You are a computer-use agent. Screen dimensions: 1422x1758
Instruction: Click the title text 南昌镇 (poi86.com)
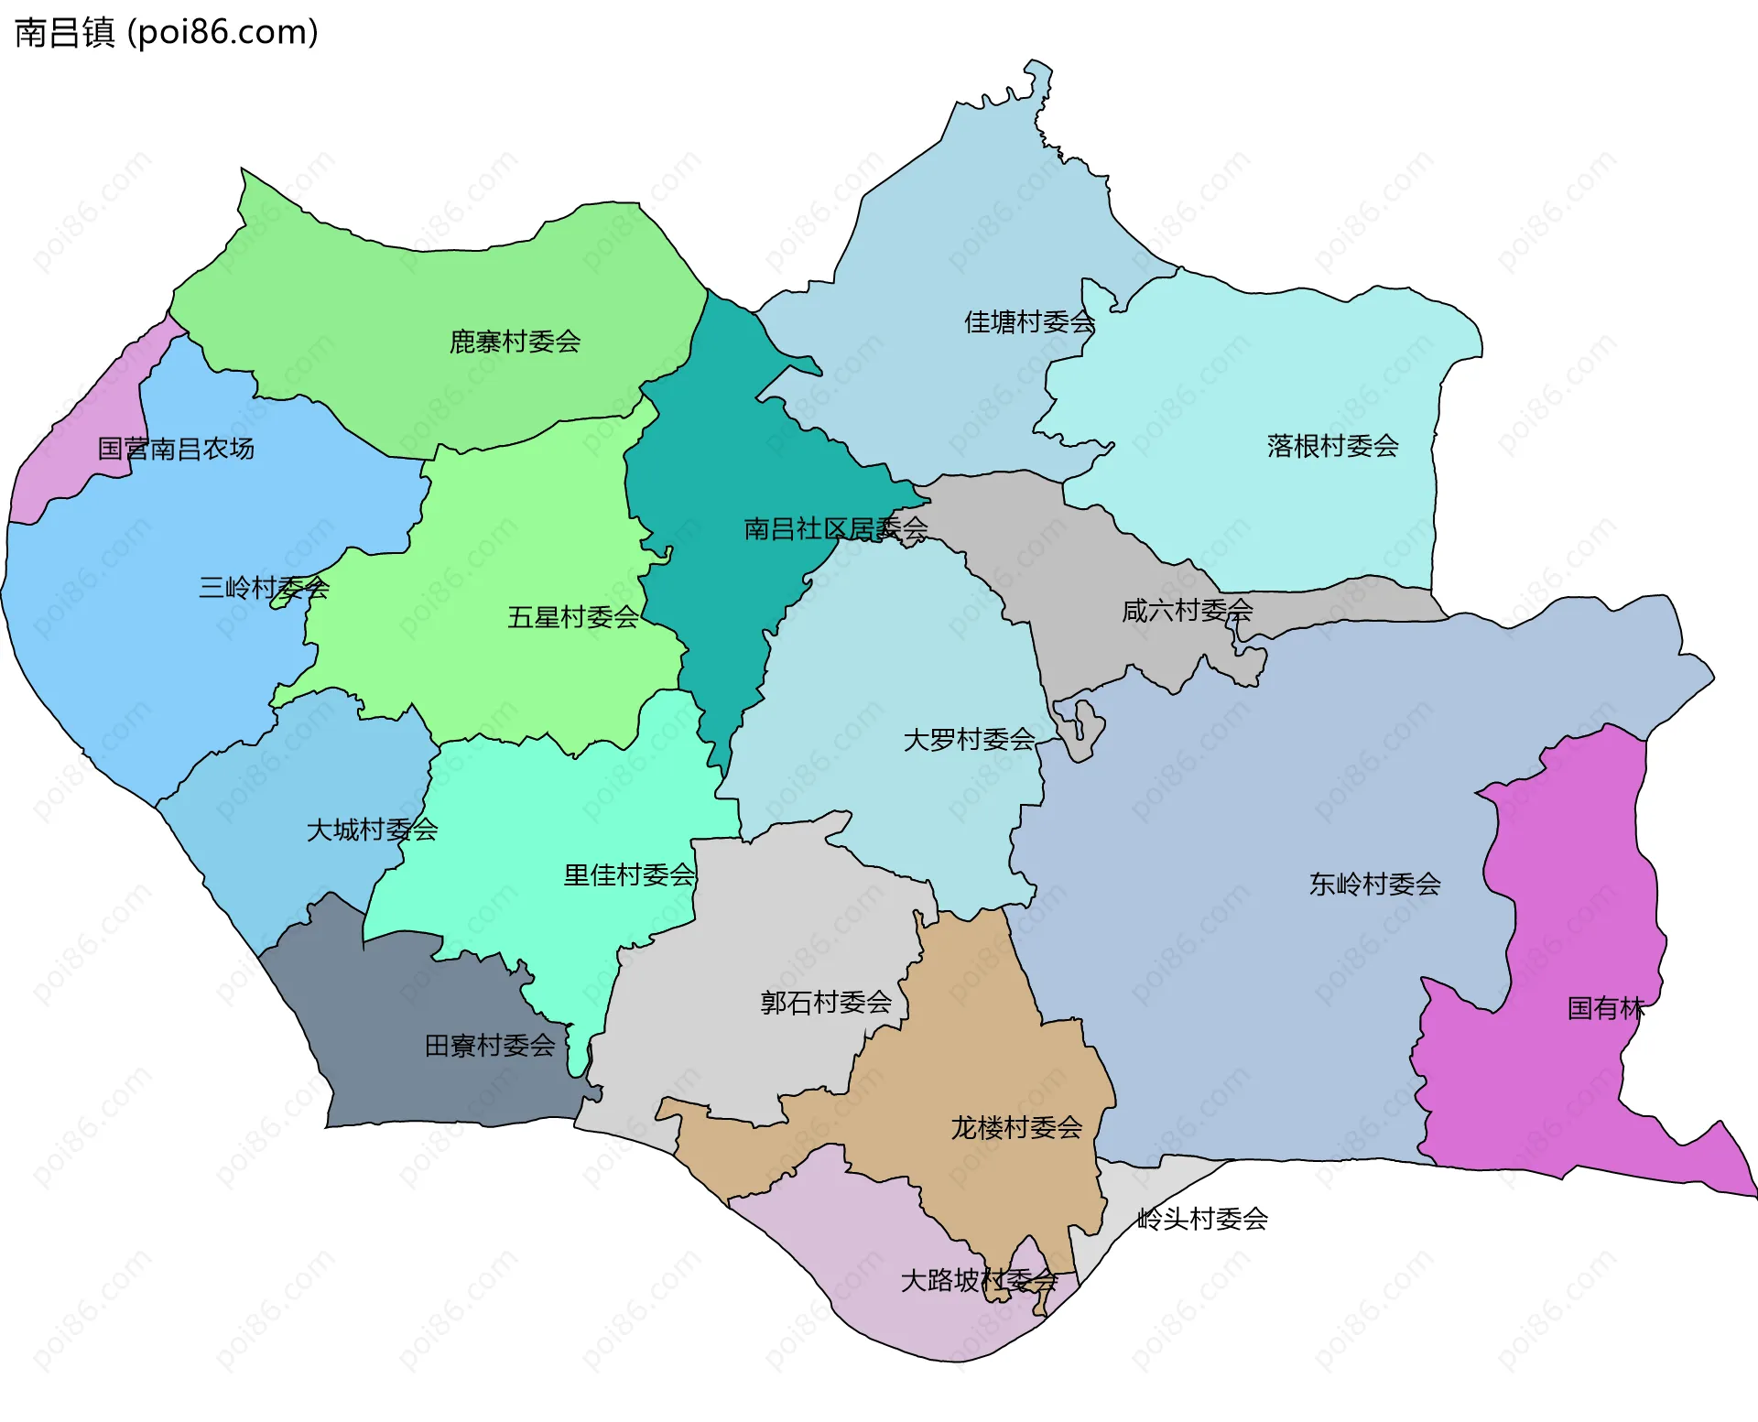167,32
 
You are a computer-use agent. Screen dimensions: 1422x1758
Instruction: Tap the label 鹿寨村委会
515,342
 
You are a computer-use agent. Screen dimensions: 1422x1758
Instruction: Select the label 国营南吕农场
176,449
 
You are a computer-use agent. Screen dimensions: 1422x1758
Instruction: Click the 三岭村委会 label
264,587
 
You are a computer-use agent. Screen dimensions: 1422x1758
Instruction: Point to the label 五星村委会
572,617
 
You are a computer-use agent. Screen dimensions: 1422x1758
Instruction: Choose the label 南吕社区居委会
835,528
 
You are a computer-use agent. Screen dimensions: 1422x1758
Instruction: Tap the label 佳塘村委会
1029,321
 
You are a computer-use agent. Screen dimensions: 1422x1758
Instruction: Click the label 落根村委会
1332,446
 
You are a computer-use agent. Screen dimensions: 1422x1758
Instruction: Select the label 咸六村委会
1187,610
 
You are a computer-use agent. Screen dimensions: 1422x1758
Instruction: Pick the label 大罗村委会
969,739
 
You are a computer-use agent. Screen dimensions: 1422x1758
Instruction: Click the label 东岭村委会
1374,884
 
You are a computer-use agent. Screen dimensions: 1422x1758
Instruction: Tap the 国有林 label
1605,1008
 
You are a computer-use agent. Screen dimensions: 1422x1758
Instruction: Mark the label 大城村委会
372,830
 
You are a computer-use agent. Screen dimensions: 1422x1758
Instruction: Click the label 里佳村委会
629,874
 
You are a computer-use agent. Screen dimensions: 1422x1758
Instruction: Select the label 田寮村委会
490,1045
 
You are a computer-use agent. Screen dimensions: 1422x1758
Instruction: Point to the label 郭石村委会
826,1002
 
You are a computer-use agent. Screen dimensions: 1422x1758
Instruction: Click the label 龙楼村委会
1016,1127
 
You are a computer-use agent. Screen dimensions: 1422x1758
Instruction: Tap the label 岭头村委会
1201,1219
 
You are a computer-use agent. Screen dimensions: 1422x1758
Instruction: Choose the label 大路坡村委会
979,1280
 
